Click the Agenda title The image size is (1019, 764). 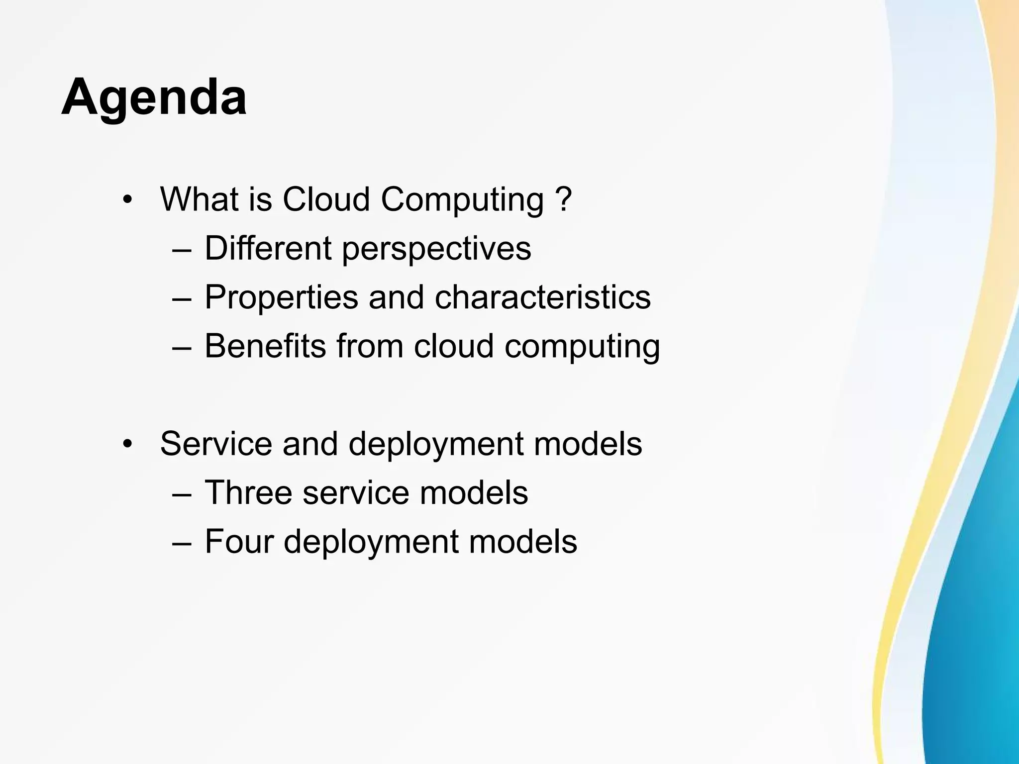[x=154, y=97]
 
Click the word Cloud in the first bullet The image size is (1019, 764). [x=326, y=199]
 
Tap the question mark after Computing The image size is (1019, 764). [x=564, y=199]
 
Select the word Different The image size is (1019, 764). [x=268, y=248]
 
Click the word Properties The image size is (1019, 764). [x=281, y=297]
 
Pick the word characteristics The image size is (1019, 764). [x=542, y=297]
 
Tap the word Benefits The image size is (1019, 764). [x=265, y=346]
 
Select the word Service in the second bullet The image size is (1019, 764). [x=216, y=444]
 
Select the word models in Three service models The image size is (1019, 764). [x=474, y=492]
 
